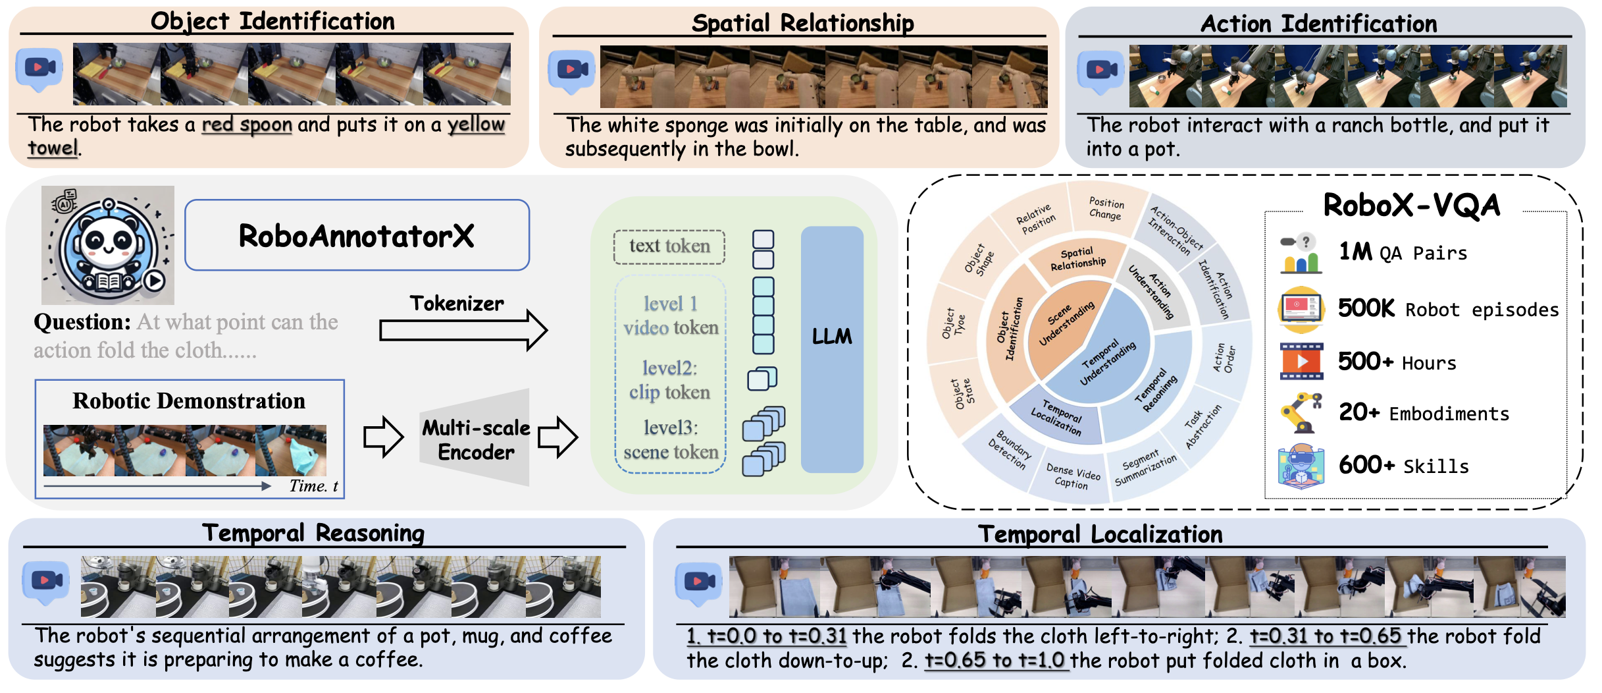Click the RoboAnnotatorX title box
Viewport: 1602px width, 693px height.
357,235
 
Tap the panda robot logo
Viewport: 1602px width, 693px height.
108,245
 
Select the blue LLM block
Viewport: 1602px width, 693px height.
832,349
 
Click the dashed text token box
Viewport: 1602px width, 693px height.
669,247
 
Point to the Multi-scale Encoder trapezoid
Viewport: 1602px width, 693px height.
475,437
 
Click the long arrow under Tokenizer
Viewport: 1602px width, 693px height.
463,329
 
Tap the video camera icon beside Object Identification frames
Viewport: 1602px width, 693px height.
39,69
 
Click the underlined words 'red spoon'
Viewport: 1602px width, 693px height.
247,125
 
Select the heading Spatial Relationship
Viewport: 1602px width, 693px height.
802,23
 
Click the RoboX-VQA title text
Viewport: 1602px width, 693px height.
1412,205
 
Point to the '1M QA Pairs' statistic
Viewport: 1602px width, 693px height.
1403,252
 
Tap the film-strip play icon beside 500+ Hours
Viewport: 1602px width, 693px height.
1301,361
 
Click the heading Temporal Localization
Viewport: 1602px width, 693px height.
1100,534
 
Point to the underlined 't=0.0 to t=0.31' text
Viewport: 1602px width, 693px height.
767,636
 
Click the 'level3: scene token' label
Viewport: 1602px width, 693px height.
671,439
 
